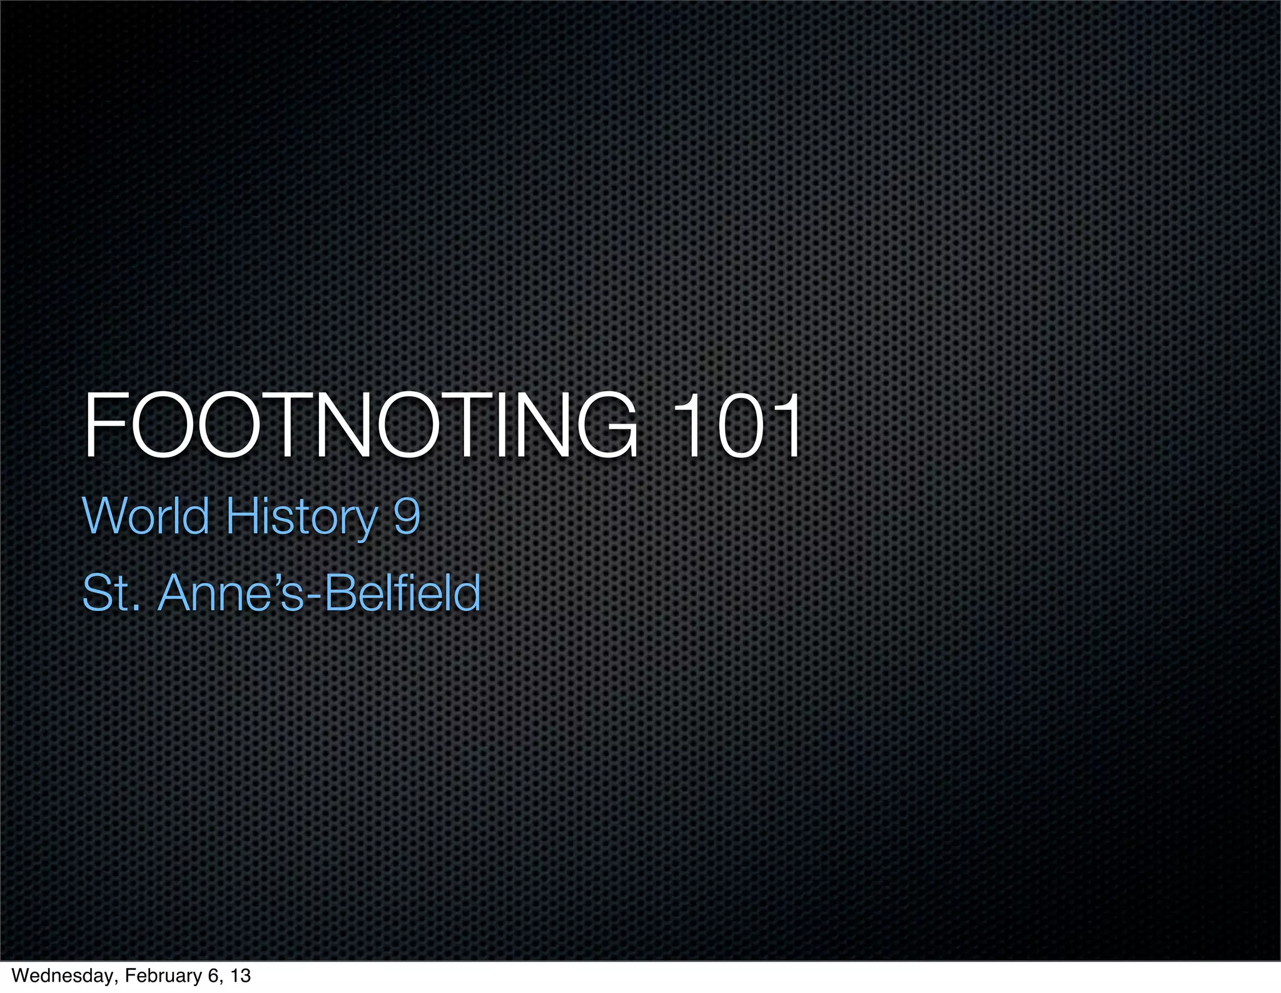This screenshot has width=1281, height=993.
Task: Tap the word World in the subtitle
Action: (x=146, y=516)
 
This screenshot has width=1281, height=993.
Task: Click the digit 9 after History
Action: (x=407, y=516)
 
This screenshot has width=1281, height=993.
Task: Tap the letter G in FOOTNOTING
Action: (x=606, y=426)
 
